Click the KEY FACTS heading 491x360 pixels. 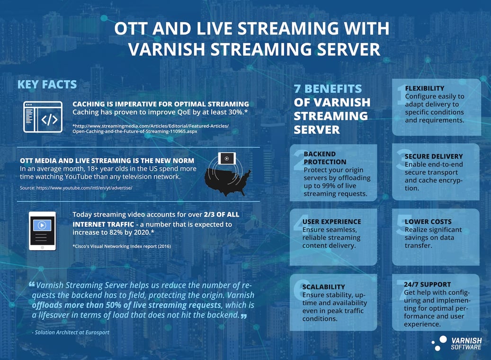coord(47,85)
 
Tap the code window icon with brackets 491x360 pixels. coord(43,117)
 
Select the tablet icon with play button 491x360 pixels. coord(43,231)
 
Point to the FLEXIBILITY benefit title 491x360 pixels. coord(425,89)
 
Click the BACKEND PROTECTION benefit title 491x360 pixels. coord(320,157)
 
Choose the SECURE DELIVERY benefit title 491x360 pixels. coord(434,156)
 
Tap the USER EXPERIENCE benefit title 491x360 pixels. coord(331,221)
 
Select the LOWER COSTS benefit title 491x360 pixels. coord(428,221)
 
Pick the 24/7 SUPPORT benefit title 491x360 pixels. coord(427,285)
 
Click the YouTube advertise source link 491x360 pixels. coord(76,188)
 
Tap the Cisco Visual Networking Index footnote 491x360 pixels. coord(121,246)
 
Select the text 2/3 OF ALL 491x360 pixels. coord(215,215)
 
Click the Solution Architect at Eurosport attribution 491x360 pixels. coord(71,332)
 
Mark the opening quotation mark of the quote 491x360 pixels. coord(32,285)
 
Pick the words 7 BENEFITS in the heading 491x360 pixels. coord(328,89)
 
